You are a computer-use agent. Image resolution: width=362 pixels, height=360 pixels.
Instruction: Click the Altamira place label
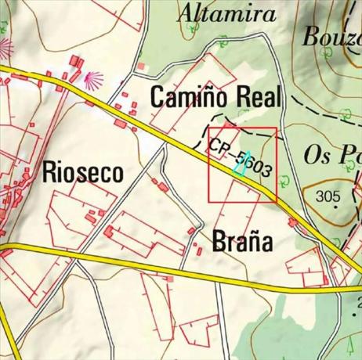tap(227, 13)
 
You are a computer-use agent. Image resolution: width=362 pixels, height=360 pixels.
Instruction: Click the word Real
tap(255, 99)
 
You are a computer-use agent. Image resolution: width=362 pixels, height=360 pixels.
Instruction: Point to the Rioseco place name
tap(83, 172)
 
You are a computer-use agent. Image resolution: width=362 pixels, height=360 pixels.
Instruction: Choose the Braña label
tap(242, 241)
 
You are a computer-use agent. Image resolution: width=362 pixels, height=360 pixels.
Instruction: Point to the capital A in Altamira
tap(188, 13)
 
